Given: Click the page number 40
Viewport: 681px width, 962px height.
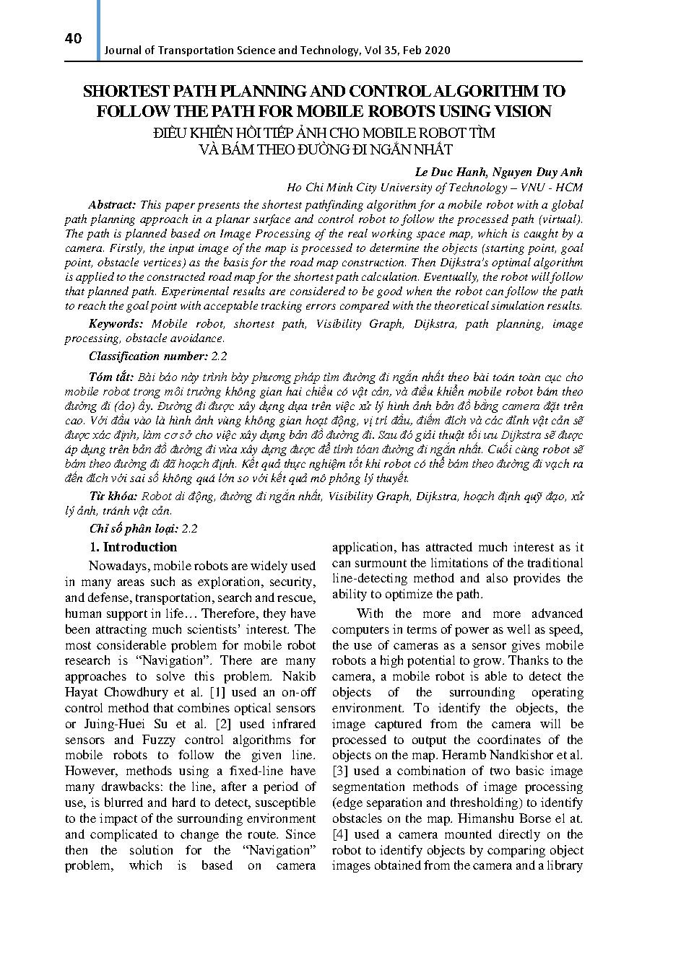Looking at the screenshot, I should pos(73,38).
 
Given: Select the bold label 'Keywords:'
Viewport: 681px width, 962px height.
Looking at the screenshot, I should pos(116,324).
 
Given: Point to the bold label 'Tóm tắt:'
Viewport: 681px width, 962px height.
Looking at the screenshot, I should pos(110,377).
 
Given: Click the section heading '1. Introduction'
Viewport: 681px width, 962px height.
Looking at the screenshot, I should pos(132,547).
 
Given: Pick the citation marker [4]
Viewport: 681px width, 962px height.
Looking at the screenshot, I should pos(341,835).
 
